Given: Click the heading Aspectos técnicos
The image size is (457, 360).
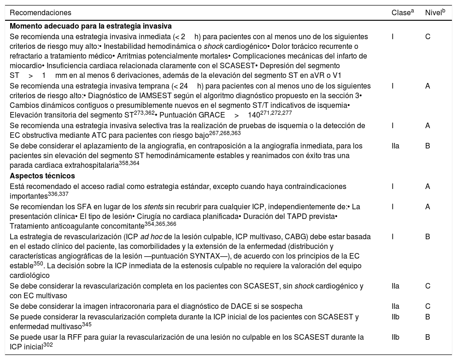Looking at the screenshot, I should click(42, 176).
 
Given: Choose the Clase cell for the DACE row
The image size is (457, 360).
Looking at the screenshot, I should click(395, 306).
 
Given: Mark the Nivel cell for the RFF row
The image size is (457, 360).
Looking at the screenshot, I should click(428, 337).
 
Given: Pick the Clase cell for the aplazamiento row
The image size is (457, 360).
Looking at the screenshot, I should click(395, 146).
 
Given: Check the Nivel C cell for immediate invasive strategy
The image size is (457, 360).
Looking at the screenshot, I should click(428, 36).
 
